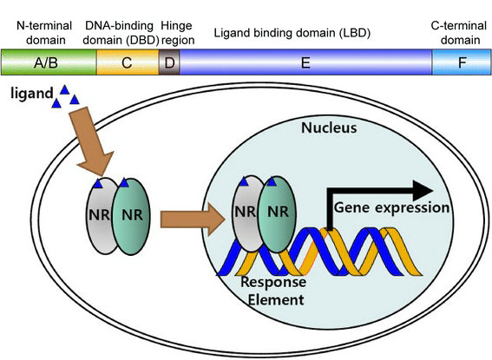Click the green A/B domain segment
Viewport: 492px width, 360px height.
(x=49, y=62)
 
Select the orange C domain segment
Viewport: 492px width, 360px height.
(x=128, y=62)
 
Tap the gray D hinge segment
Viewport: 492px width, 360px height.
(x=169, y=62)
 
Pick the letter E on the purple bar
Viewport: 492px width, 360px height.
(x=305, y=63)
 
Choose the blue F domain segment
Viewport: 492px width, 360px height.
(x=462, y=62)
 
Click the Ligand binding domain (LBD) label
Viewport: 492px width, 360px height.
(x=292, y=33)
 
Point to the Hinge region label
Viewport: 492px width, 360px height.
(x=177, y=33)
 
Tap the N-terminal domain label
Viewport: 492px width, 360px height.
(x=44, y=33)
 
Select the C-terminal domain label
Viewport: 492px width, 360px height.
(x=459, y=33)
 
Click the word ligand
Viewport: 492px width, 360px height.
(x=32, y=94)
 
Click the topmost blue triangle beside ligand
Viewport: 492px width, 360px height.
(x=64, y=89)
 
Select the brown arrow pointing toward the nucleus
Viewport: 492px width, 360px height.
(x=193, y=219)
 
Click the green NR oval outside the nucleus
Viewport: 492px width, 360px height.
(x=131, y=216)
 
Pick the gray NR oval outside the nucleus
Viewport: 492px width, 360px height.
(x=101, y=216)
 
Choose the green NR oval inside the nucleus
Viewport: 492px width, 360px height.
(x=277, y=214)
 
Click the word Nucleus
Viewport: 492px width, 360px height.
(x=329, y=128)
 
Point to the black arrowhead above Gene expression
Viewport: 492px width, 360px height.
(x=423, y=191)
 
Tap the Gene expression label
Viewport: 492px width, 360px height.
(x=391, y=208)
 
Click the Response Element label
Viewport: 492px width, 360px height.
(x=273, y=291)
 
